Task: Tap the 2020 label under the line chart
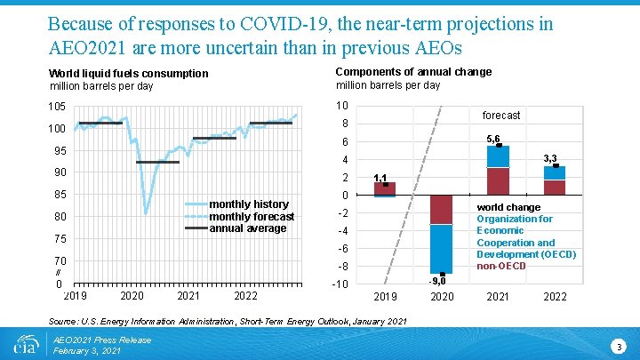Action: tap(132, 295)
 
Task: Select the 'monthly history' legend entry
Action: tap(248, 204)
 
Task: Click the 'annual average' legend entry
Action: tap(248, 228)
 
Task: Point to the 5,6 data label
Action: tap(494, 138)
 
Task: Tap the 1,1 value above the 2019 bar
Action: tap(380, 178)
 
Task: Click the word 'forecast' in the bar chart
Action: tap(501, 116)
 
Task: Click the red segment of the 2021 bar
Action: tap(498, 180)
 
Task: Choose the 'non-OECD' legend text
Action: tap(501, 266)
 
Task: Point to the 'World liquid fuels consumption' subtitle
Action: tap(129, 73)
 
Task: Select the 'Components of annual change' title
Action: tap(413, 72)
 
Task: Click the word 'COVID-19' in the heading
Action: tap(282, 23)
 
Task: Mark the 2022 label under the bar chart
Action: tap(554, 296)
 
